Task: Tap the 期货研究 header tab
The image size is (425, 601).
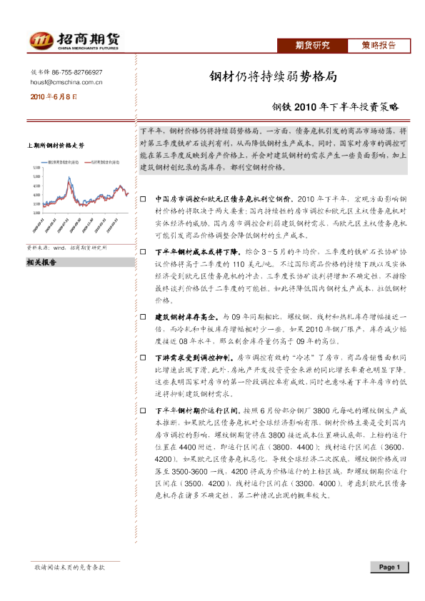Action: pos(313,46)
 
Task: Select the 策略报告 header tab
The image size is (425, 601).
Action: pos(379,46)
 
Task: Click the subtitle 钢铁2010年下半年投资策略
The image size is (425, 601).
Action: pos(335,108)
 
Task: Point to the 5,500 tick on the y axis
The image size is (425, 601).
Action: pos(36,168)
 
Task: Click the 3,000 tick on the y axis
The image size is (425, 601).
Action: pos(36,213)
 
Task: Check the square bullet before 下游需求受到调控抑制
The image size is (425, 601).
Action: pos(143,355)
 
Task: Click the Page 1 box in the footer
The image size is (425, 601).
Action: pos(389,567)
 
